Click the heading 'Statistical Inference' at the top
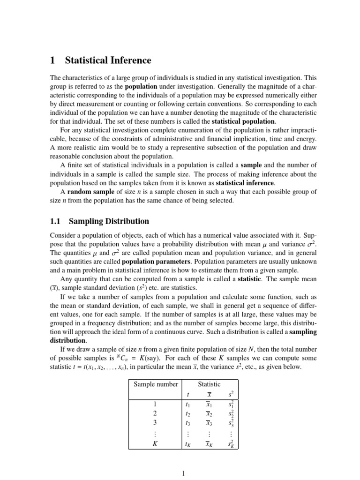click(x=108, y=60)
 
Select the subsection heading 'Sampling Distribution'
click(x=109, y=221)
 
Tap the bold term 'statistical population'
click(x=243, y=122)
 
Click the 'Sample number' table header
click(x=156, y=384)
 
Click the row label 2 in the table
click(x=155, y=413)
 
